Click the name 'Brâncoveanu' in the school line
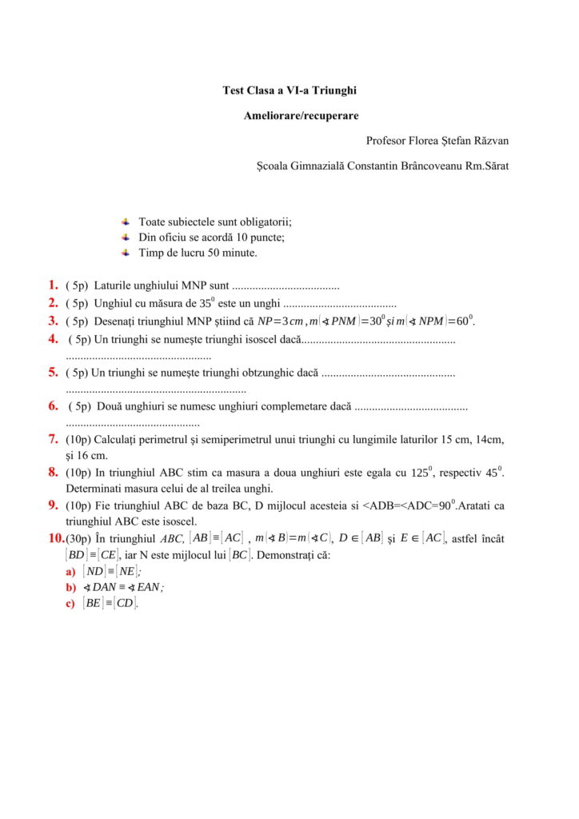[x=416, y=166]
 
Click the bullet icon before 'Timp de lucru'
[x=126, y=253]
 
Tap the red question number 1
[x=52, y=284]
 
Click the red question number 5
[x=52, y=372]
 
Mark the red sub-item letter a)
[x=70, y=572]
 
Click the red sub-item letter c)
[x=70, y=604]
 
